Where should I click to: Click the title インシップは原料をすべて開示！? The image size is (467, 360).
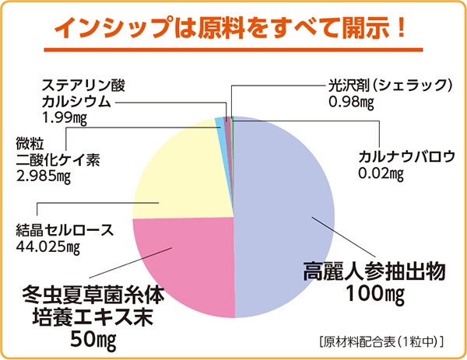pyautogui.click(x=233, y=28)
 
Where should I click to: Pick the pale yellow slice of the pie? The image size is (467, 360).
pyautogui.click(x=183, y=171)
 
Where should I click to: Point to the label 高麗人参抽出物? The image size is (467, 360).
pyautogui.click(x=373, y=273)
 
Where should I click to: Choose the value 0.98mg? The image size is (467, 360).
pyautogui.click(x=353, y=101)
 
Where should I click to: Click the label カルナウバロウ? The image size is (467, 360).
pyautogui.click(x=405, y=156)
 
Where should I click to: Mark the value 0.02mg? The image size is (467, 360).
pyautogui.click(x=380, y=172)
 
